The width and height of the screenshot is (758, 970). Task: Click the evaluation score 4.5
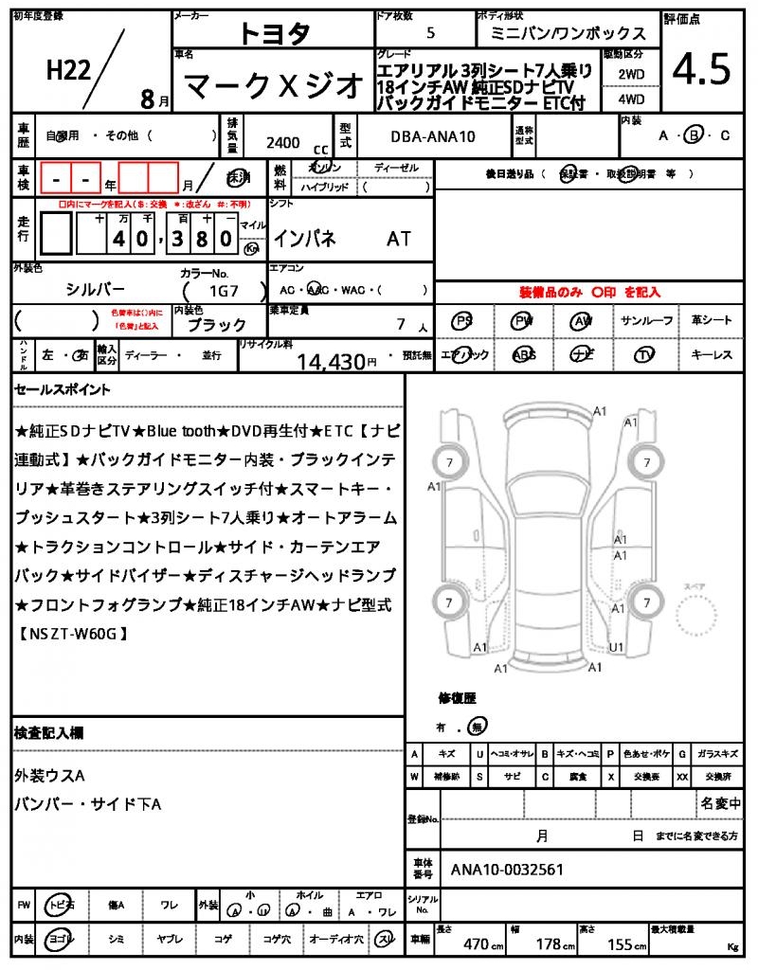pos(701,69)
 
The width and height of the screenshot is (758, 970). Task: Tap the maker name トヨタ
pos(274,34)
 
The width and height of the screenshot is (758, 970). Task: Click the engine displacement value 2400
pos(283,143)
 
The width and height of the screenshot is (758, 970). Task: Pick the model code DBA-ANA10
pos(437,136)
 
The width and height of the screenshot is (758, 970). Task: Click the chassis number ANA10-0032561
pos(508,870)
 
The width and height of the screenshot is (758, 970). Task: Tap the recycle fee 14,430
pos(331,361)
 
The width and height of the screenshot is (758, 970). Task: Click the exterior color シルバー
pos(95,290)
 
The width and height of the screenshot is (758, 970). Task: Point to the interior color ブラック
pos(216,324)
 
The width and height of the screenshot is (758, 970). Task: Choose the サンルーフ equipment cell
pos(646,321)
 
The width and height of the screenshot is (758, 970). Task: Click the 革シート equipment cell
pos(711,321)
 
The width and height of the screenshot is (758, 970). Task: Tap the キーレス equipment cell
pos(711,355)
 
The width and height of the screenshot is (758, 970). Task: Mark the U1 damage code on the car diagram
pos(617,648)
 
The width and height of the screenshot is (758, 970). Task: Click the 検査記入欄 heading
pos(48,732)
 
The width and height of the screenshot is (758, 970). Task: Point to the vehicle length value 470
pos(475,944)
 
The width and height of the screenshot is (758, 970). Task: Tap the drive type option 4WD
pos(632,99)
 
